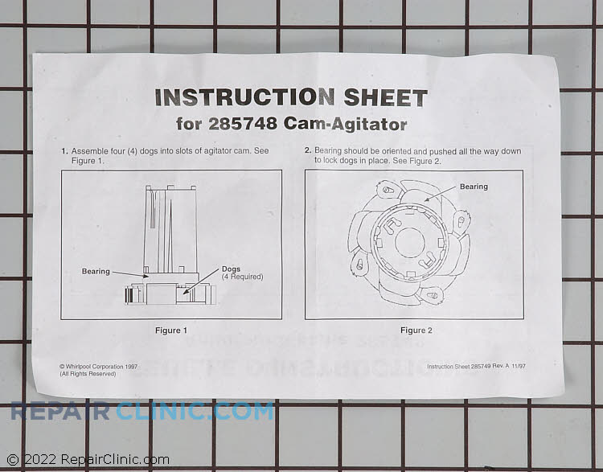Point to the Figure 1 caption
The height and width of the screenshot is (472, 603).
[x=171, y=330]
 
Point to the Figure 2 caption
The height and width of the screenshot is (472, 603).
[x=413, y=330]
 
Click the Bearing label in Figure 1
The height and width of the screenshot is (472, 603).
[x=96, y=272]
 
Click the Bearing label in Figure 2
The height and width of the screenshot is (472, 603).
[x=474, y=187]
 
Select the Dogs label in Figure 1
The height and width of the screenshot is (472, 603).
[x=233, y=269]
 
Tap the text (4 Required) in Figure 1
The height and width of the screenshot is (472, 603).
[x=242, y=277]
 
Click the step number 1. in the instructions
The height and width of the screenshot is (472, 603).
[x=64, y=151]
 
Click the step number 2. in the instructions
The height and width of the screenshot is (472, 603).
[x=308, y=150]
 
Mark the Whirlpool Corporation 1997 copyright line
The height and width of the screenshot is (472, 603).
[x=98, y=367]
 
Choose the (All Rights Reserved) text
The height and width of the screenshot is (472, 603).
[x=88, y=374]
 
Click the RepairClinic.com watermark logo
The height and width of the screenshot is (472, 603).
[x=142, y=412]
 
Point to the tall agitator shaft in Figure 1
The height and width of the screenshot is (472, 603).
[x=170, y=229]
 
